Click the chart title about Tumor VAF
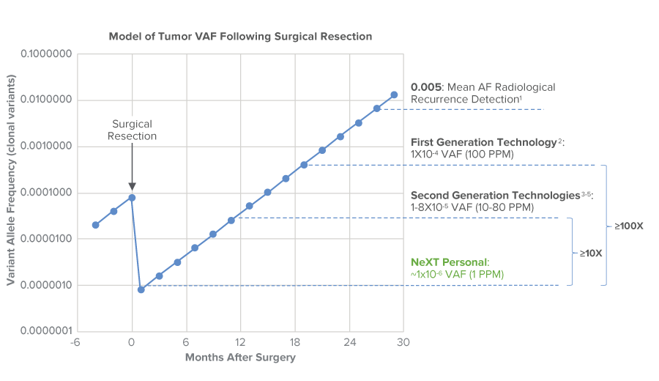(x=240, y=36)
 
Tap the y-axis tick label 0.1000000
(x=46, y=54)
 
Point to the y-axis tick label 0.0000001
(x=46, y=331)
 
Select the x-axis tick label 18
(x=294, y=343)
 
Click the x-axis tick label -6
(x=75, y=343)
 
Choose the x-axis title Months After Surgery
(x=240, y=358)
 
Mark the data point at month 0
(x=132, y=197)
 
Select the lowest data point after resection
(x=141, y=289)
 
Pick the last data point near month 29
(x=394, y=95)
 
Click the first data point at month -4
(x=96, y=225)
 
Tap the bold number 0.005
(x=425, y=86)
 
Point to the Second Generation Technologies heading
(x=498, y=196)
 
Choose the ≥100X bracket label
(x=629, y=225)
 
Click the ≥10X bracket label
(x=591, y=253)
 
